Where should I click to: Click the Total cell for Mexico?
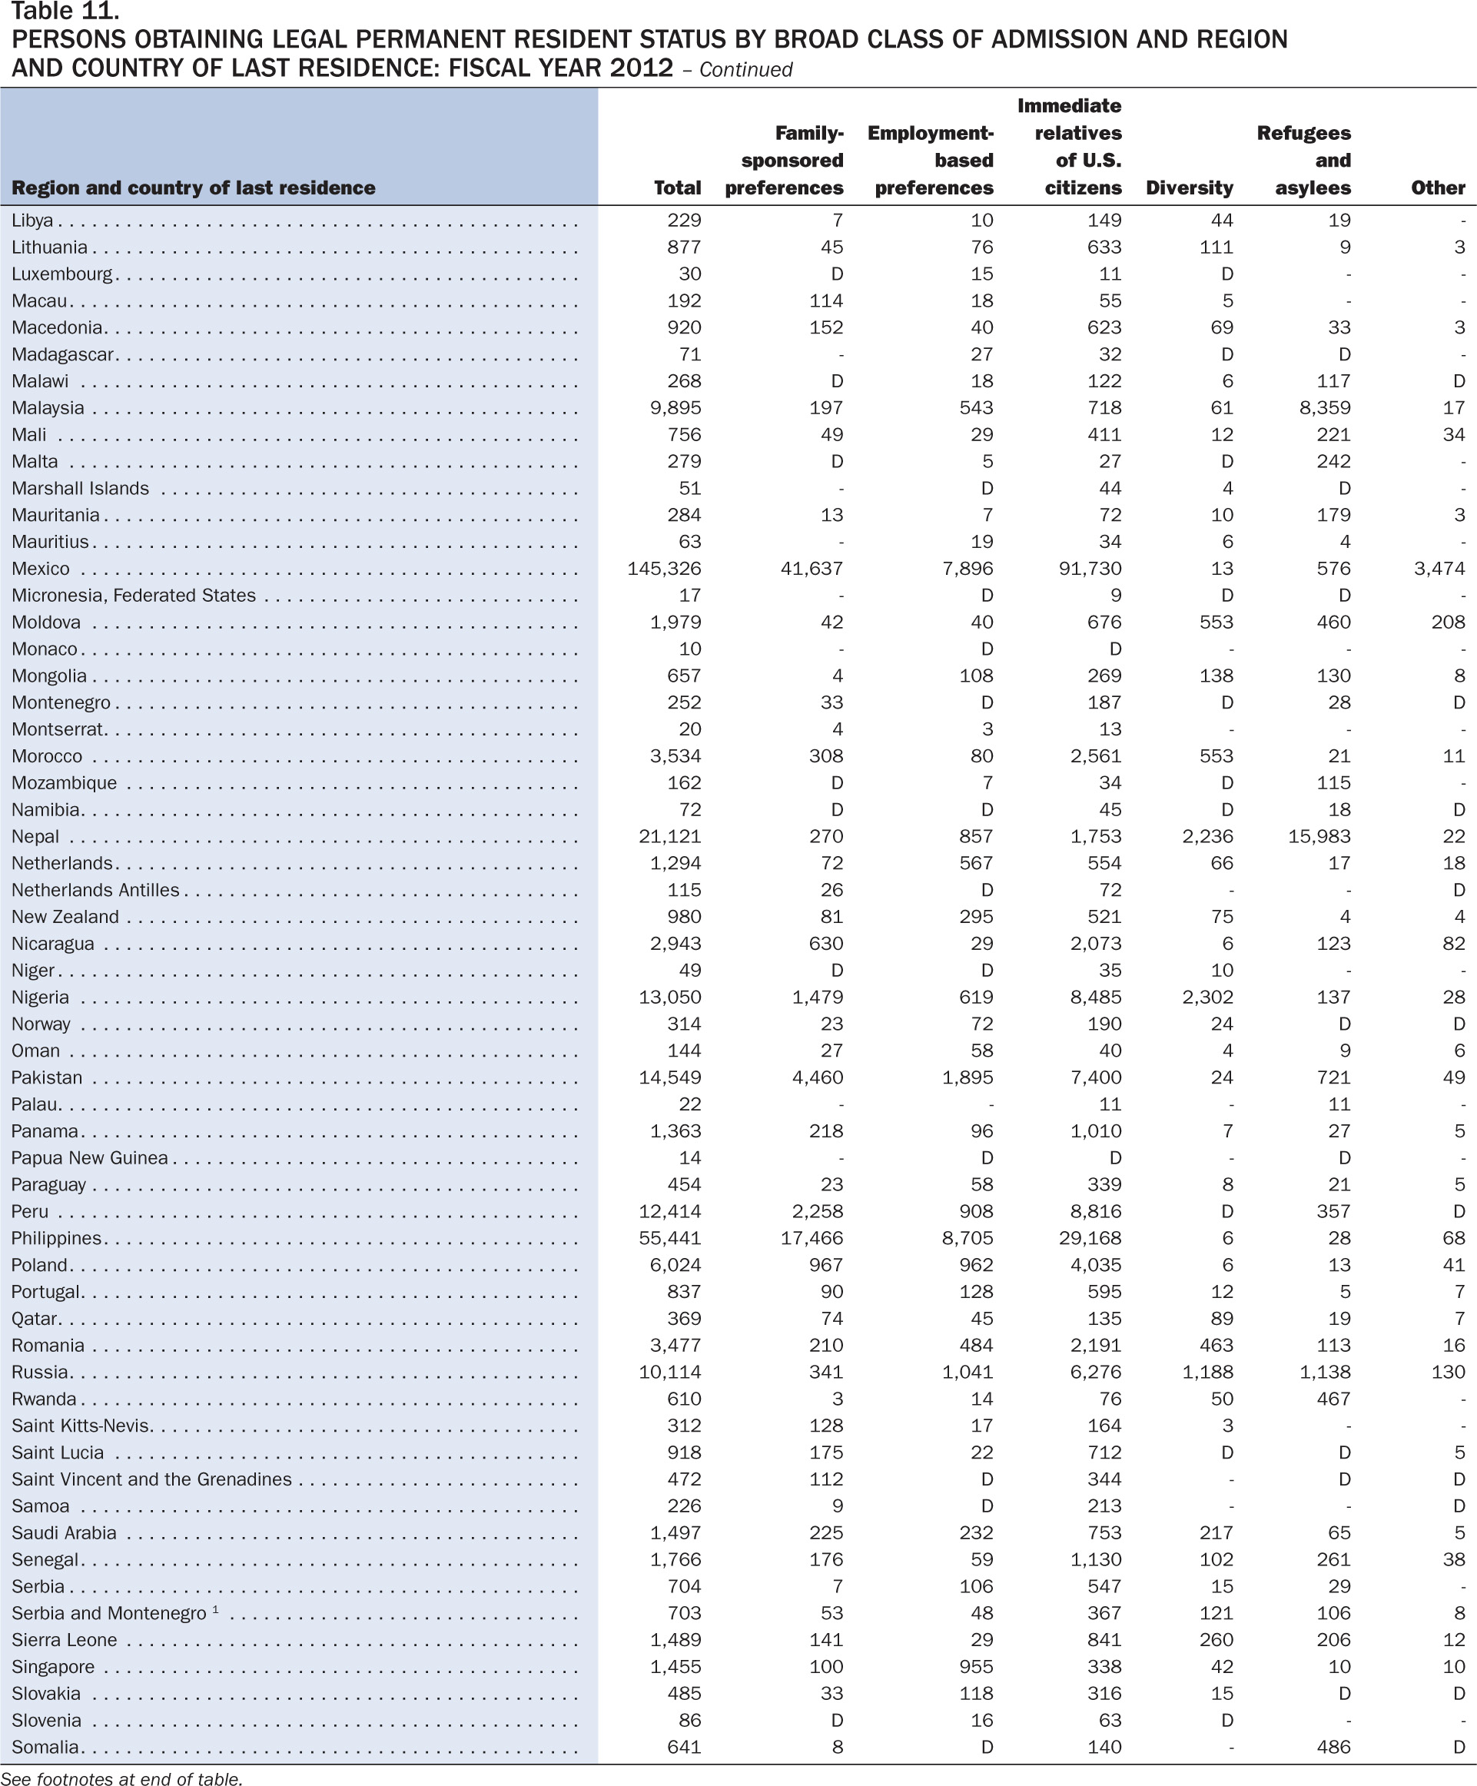(664, 568)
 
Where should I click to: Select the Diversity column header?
(1189, 188)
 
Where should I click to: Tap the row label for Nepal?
(35, 837)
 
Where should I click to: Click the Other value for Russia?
(1448, 1373)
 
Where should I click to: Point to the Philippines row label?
(56, 1239)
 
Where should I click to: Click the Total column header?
(677, 188)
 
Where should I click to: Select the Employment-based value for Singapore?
(975, 1667)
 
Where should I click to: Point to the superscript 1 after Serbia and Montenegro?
(216, 1609)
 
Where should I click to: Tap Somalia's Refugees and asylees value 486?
(1333, 1748)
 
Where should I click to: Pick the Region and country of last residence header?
(193, 188)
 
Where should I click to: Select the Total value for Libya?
(684, 221)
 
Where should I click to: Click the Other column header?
(1439, 188)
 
